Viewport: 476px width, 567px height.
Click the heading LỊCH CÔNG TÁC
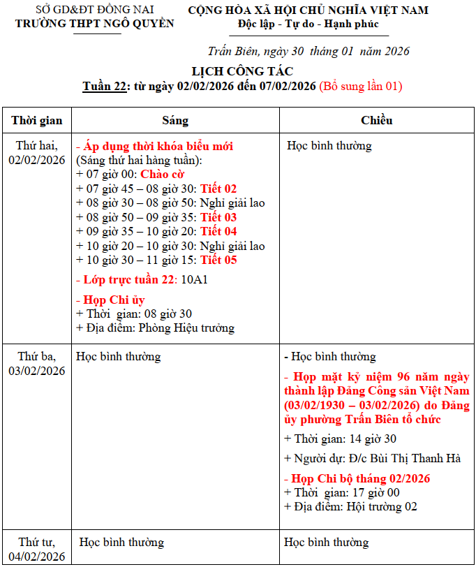click(241, 71)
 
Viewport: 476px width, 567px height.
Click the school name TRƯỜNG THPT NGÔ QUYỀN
click(95, 24)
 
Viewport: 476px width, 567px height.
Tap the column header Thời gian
click(37, 120)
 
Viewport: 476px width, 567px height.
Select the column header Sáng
click(175, 120)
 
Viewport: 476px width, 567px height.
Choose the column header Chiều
click(376, 120)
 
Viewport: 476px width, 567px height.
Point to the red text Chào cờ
click(162, 174)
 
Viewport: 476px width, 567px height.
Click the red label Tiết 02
click(218, 189)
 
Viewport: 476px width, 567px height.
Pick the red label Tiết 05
click(218, 260)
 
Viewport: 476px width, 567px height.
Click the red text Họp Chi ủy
click(114, 300)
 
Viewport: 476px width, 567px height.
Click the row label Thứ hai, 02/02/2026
click(37, 153)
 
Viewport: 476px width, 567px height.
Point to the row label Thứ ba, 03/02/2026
click(37, 363)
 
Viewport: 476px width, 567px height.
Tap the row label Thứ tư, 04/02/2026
click(37, 549)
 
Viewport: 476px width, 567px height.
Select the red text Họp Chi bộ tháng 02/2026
click(360, 478)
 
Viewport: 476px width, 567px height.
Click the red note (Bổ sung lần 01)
click(360, 87)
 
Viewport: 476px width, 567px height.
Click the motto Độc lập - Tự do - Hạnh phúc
click(308, 24)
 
